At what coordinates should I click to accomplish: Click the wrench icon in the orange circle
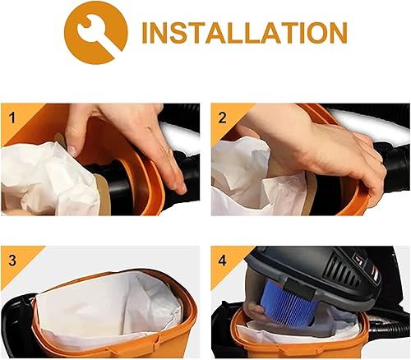click(96, 33)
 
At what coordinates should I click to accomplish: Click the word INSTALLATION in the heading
click(243, 33)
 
